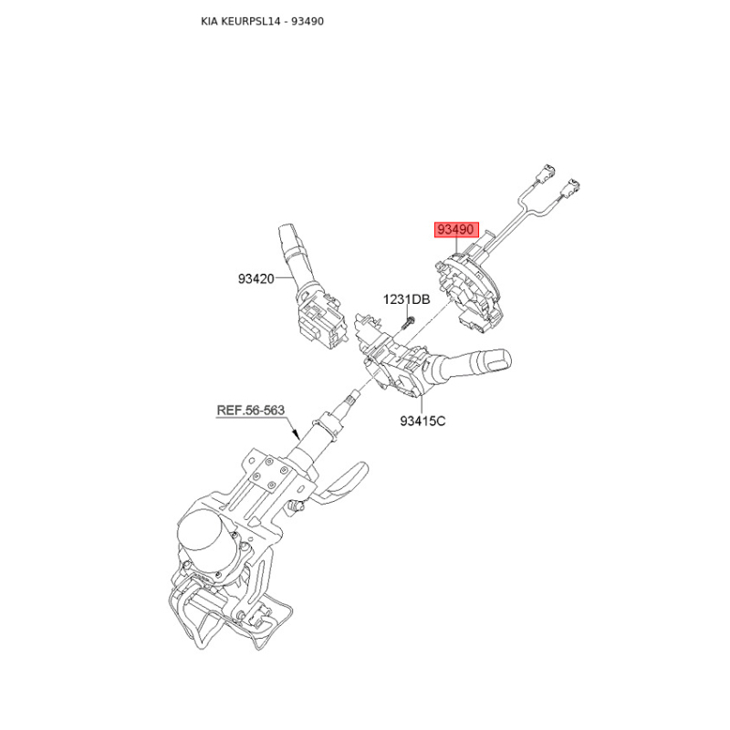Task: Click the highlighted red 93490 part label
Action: point(456,230)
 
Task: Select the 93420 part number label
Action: point(256,279)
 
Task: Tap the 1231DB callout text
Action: point(406,299)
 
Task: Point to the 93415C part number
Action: point(422,421)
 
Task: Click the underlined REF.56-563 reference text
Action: point(250,410)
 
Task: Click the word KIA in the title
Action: point(210,21)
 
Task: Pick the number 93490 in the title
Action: point(308,21)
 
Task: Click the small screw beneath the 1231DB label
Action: point(407,323)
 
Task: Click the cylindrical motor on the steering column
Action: point(204,537)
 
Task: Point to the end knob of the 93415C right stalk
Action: point(499,360)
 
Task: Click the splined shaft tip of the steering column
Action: point(351,399)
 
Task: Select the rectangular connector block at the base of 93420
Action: point(321,321)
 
